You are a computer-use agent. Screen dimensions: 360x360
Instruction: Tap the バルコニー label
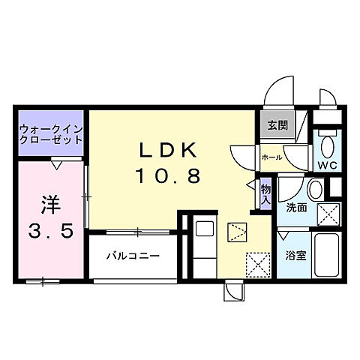tap(132, 256)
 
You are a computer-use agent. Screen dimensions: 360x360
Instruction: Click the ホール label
tap(271, 157)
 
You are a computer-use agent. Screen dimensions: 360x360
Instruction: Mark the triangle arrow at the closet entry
tap(57, 160)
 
